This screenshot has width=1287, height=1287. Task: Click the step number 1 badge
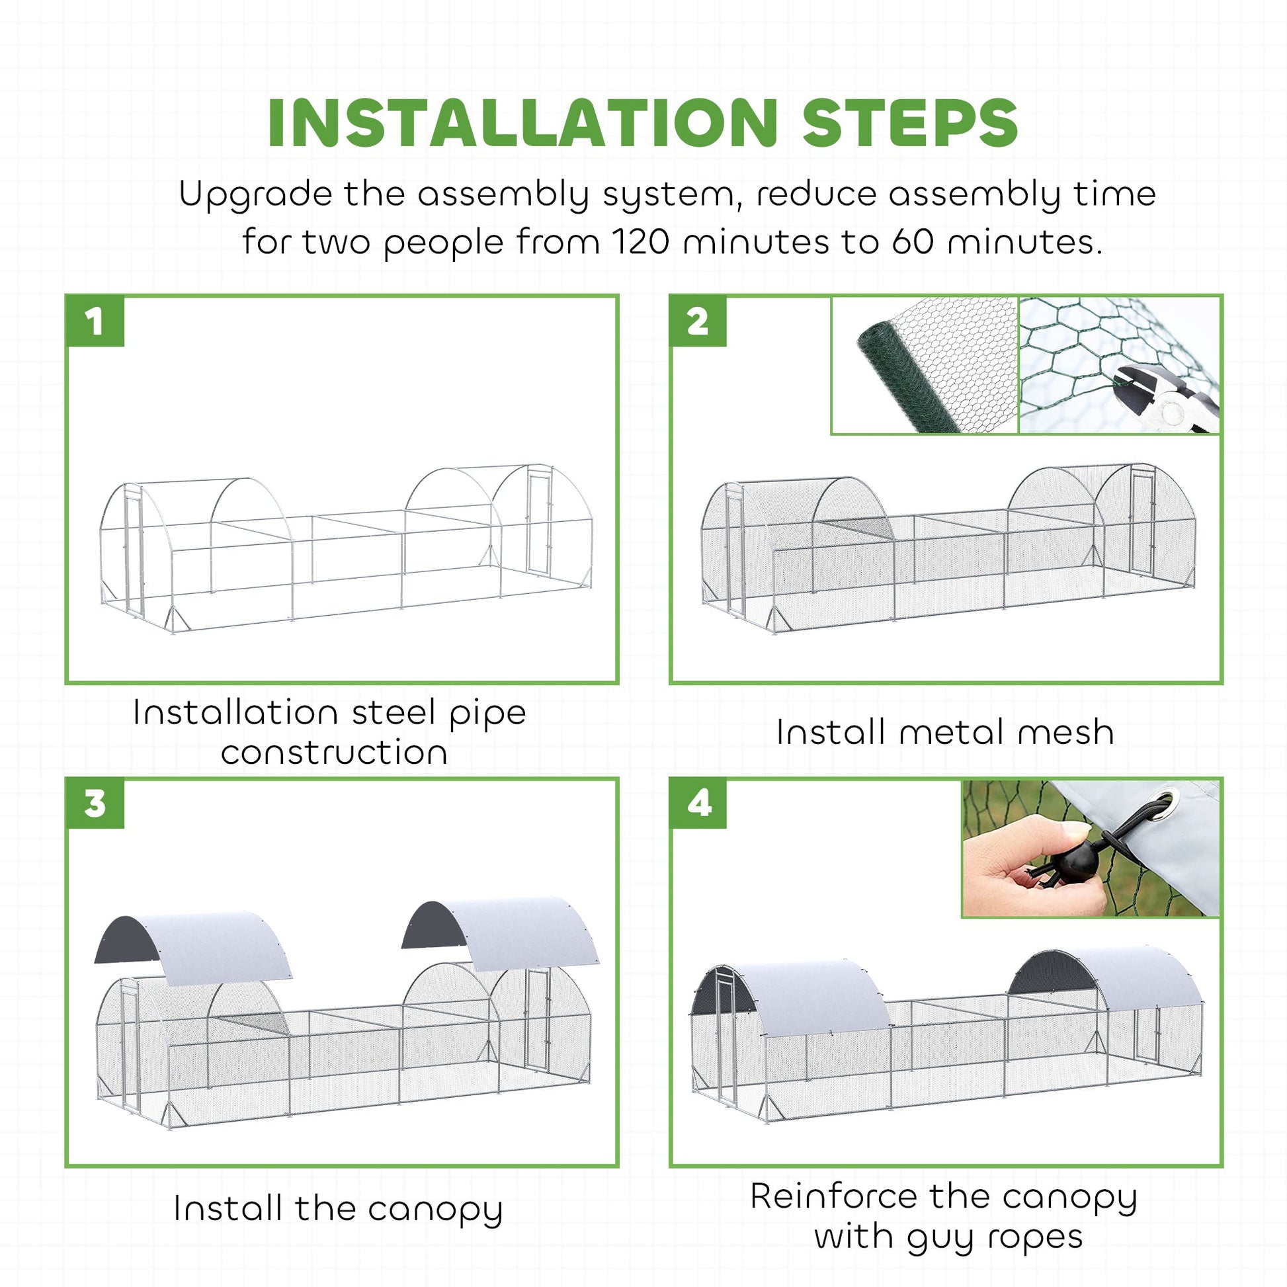[x=95, y=321]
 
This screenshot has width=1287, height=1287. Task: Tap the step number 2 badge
[x=698, y=321]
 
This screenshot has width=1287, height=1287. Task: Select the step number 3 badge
[x=95, y=804]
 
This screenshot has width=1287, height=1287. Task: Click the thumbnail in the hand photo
[x=1073, y=829]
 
